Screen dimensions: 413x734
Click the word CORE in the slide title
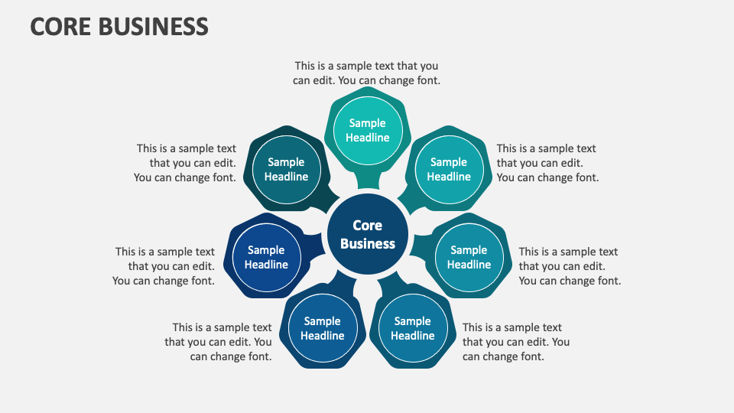point(60,26)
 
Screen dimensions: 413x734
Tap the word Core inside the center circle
point(367,226)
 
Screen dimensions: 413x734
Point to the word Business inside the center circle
point(367,244)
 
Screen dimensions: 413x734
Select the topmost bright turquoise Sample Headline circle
point(368,130)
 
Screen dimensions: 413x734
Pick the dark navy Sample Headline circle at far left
point(266,257)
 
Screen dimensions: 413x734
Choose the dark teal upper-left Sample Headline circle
point(286,169)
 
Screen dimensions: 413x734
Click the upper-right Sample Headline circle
point(449,169)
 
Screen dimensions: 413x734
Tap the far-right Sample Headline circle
point(469,257)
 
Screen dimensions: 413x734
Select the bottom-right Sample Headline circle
point(413,328)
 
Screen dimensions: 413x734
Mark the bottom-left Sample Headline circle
point(323,328)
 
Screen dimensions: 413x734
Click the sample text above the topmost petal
point(366,73)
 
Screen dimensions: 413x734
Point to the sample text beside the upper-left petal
point(185,163)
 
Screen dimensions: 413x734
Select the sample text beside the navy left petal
point(164,266)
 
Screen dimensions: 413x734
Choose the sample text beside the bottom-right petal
point(515,342)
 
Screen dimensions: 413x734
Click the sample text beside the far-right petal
point(569,266)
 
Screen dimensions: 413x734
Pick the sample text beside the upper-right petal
point(547,163)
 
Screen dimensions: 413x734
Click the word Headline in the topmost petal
point(368,138)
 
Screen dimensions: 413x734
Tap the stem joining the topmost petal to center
point(368,181)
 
